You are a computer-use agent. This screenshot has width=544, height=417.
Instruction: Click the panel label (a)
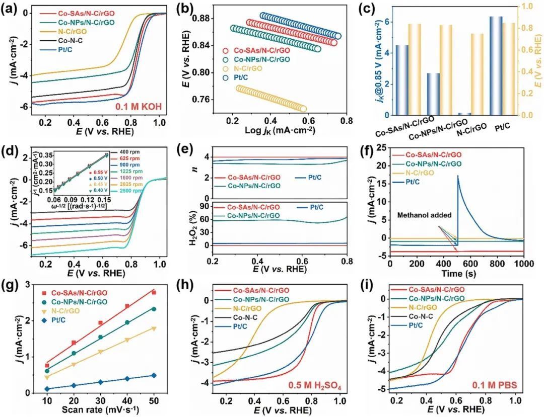(x=10, y=9)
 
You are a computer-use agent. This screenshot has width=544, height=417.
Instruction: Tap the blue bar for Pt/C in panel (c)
(x=467, y=65)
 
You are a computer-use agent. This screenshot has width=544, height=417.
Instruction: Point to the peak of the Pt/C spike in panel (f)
(x=458, y=176)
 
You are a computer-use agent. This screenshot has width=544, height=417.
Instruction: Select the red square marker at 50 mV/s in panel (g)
(x=154, y=292)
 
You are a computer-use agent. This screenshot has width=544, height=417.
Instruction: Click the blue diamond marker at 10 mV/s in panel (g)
(x=47, y=389)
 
